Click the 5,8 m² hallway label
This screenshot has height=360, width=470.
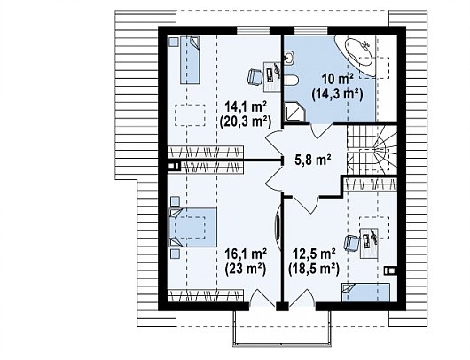(x=313, y=160)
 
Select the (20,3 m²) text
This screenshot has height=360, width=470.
(x=246, y=122)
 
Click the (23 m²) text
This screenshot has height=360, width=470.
(x=246, y=269)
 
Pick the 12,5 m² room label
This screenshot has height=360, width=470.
(x=314, y=254)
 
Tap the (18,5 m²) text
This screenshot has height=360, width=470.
(x=314, y=270)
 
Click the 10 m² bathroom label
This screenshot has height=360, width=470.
(x=338, y=79)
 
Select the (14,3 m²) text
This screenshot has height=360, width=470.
(x=338, y=94)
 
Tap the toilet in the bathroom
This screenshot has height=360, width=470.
(x=291, y=80)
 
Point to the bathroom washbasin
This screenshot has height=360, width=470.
(x=289, y=57)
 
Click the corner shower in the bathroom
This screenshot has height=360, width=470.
(x=294, y=112)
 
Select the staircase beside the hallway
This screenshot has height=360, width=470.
(x=372, y=149)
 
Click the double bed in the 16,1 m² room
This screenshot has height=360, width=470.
(x=192, y=227)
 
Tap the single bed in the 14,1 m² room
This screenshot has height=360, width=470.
(x=190, y=60)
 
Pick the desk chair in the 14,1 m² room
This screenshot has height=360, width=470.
(x=255, y=77)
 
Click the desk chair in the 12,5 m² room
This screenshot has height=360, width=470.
(x=352, y=243)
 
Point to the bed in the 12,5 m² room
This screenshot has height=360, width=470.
(x=365, y=293)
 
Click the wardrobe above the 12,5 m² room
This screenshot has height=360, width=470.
(x=371, y=184)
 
